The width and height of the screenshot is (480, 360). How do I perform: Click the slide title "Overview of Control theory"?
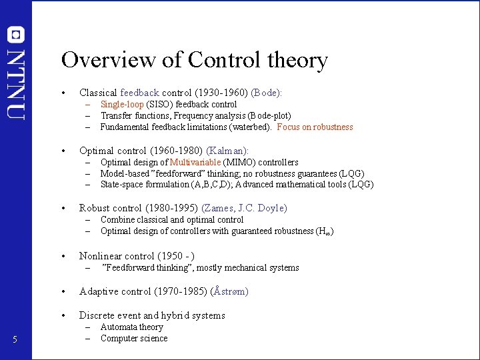pos(194,61)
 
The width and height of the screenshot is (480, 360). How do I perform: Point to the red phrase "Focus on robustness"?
pos(315,127)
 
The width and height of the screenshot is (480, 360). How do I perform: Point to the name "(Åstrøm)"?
pos(229,291)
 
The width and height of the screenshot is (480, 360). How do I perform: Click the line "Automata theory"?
pos(131,327)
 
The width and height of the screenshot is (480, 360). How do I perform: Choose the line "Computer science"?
pos(133,339)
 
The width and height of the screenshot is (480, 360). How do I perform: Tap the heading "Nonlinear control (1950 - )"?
pos(137,256)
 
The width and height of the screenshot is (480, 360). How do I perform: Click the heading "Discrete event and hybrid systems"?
pos(152,315)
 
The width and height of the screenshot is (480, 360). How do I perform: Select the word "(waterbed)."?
pos(251,127)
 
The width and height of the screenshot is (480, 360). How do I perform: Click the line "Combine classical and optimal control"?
pos(172,220)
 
